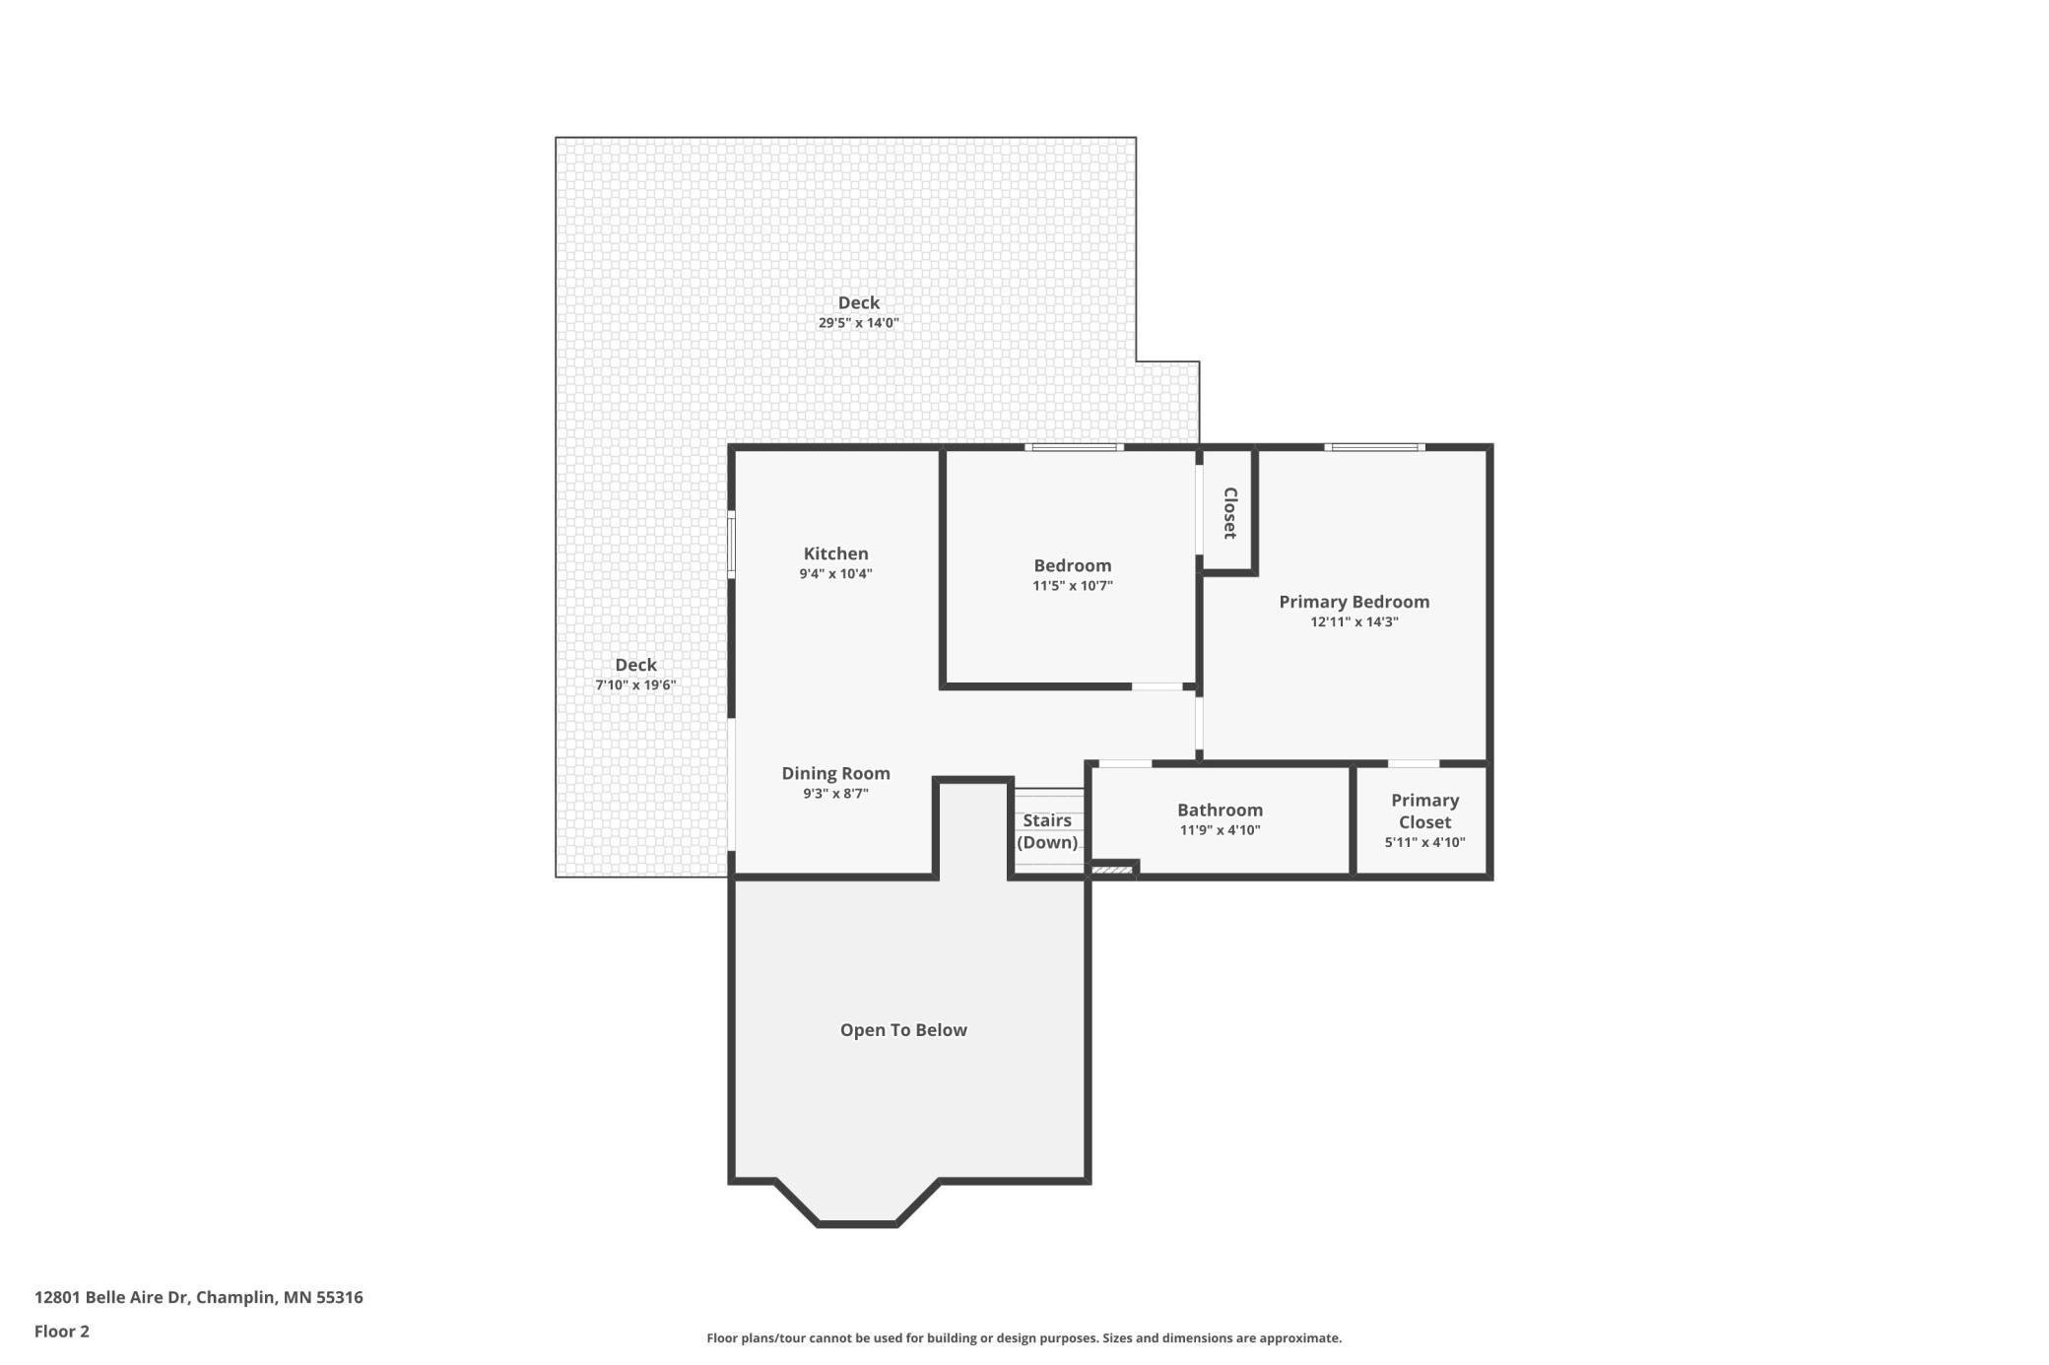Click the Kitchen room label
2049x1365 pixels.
835,553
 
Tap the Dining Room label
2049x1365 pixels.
835,773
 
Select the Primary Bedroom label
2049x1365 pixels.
1354,602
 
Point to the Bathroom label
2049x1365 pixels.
1220,810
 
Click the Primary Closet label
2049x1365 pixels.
1424,811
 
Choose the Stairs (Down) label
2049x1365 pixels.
1046,831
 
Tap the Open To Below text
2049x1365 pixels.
903,1030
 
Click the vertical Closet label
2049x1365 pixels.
1229,513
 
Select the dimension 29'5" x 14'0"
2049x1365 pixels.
858,323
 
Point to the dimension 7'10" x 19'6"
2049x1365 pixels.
635,685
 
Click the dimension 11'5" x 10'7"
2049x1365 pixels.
1072,586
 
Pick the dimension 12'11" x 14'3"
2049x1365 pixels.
1354,622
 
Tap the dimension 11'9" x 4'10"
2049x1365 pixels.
1220,830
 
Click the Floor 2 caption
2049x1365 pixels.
61,1332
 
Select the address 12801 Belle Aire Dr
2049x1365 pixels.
111,1297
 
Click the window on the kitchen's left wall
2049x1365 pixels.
731,545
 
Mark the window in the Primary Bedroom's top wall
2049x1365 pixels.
1374,447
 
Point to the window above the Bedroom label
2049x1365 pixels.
1074,447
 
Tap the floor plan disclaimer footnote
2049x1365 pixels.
1024,1338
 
